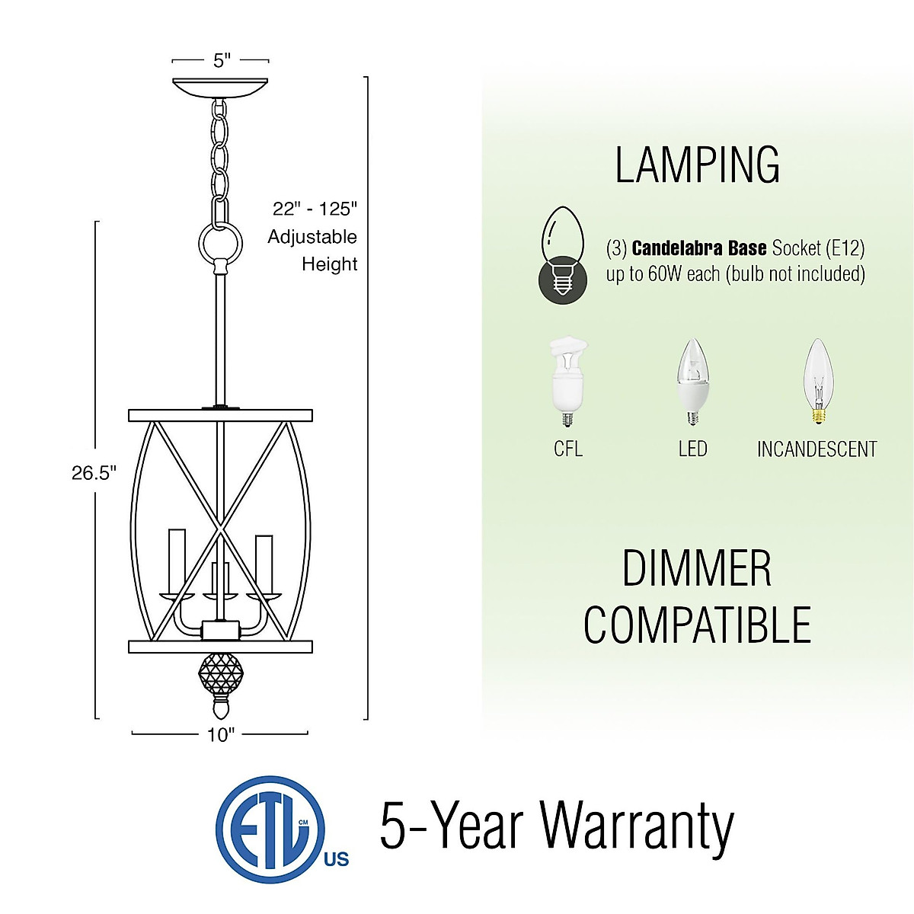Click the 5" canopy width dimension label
(x=221, y=59)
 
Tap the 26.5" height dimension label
(x=94, y=473)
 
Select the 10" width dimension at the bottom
(x=221, y=734)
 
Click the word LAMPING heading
(x=697, y=165)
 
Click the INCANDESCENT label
(x=817, y=449)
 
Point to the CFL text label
(x=568, y=449)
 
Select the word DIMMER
(x=696, y=569)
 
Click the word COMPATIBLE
(x=697, y=625)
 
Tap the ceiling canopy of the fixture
(x=221, y=86)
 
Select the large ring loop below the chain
(x=220, y=243)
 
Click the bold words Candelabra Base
(x=698, y=248)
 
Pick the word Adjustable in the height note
(x=312, y=237)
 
